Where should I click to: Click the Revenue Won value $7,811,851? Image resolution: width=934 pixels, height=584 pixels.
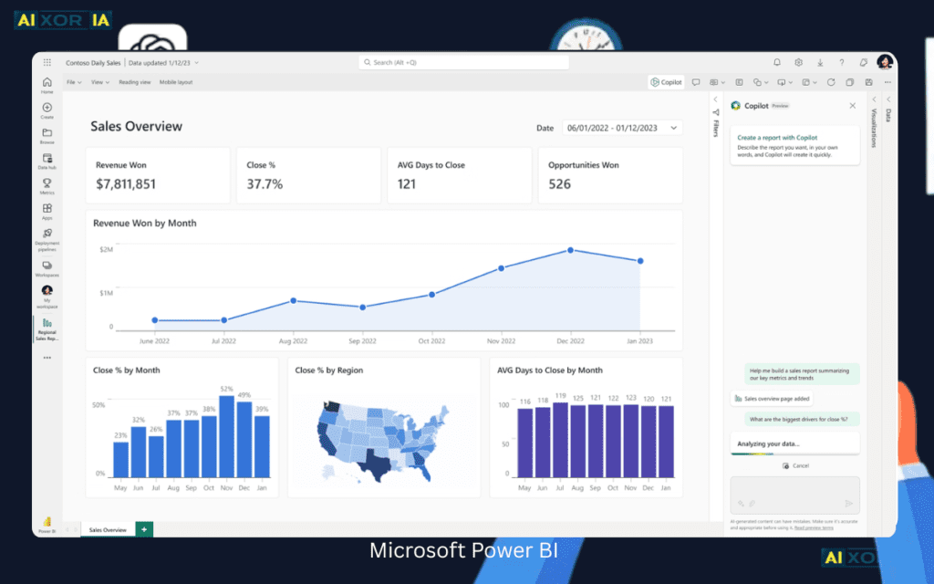tap(126, 184)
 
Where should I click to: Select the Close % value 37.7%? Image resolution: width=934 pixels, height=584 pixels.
tap(265, 184)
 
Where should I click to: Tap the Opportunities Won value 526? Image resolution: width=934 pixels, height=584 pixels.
tap(559, 184)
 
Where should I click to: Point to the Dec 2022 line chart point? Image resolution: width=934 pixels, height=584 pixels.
tap(571, 250)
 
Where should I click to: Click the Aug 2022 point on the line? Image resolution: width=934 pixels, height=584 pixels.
tap(293, 300)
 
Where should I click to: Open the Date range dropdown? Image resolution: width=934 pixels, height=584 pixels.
tap(622, 128)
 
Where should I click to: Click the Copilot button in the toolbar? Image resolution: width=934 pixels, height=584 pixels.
tap(666, 82)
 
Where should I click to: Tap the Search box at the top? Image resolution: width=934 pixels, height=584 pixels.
tap(463, 62)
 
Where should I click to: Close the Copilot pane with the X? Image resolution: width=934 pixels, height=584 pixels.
tap(853, 106)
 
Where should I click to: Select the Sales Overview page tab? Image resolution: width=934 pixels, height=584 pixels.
tap(107, 529)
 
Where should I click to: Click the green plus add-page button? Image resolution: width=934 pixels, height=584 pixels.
tap(143, 529)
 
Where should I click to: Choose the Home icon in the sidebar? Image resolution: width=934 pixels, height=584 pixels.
tap(47, 85)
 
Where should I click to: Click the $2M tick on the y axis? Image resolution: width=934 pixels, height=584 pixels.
tap(106, 249)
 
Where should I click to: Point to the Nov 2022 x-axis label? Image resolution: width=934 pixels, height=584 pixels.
tap(501, 340)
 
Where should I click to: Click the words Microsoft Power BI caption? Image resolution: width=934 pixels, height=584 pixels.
tap(463, 551)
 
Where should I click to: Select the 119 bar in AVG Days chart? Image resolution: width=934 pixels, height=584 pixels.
tap(560, 440)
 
